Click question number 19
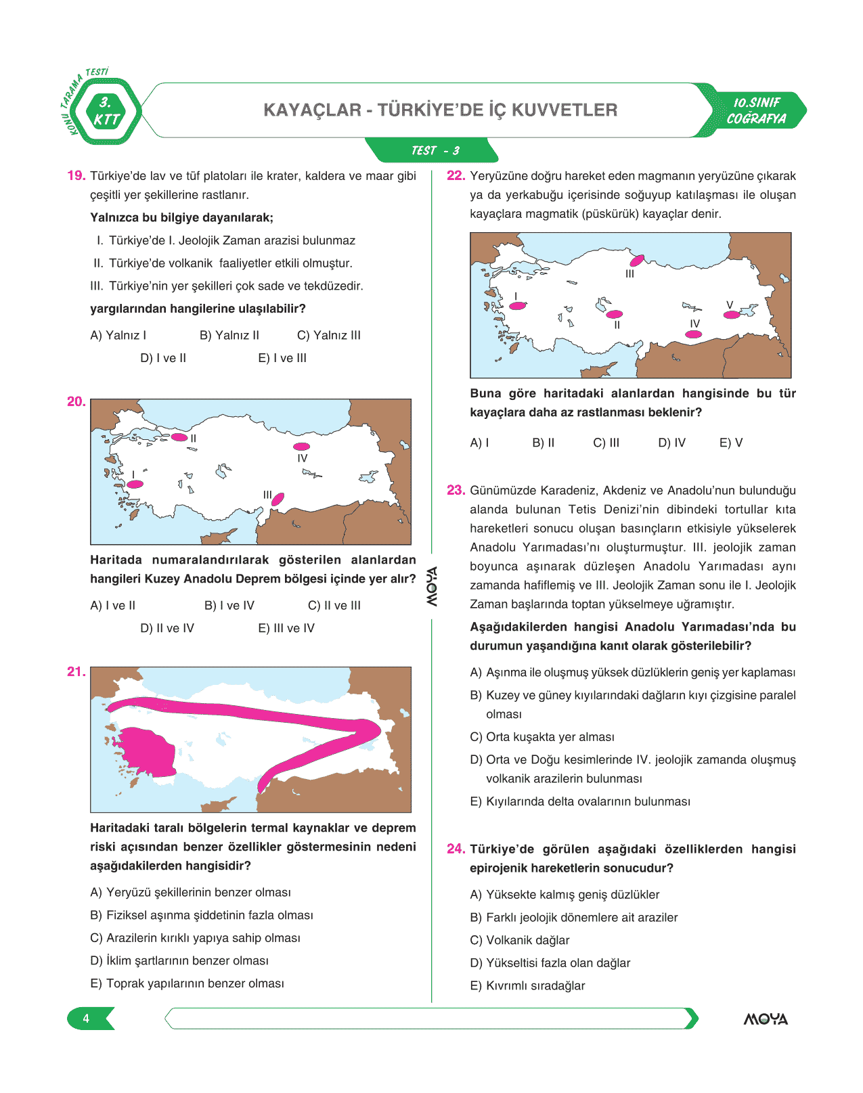(x=76, y=176)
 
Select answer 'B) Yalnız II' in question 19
(x=229, y=336)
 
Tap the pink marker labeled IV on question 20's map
(x=301, y=447)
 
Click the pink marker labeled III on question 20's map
(x=278, y=499)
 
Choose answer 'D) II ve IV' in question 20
(x=167, y=629)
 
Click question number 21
(x=76, y=672)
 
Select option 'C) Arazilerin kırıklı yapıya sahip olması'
(x=195, y=939)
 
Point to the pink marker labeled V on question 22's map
(x=731, y=315)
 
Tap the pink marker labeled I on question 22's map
(x=517, y=306)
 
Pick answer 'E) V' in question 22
(x=730, y=443)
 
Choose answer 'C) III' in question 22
(x=606, y=443)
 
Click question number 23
(x=456, y=491)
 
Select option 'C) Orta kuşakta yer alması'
(x=541, y=738)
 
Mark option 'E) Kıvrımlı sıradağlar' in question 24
(x=527, y=986)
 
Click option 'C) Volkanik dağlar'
(x=519, y=941)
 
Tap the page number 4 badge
(x=87, y=1019)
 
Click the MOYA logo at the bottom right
(x=766, y=1019)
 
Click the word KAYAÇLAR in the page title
(x=312, y=110)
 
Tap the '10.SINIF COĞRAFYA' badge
(x=756, y=111)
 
